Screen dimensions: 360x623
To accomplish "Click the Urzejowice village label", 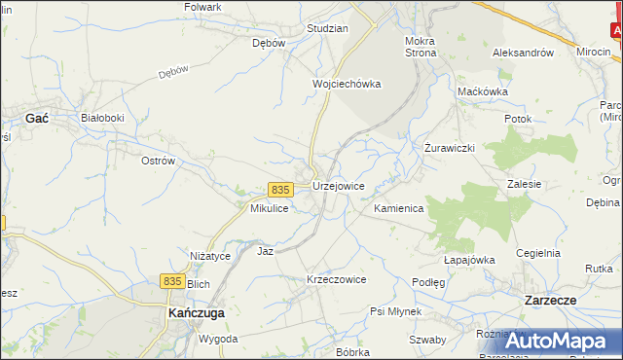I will click(x=339, y=186).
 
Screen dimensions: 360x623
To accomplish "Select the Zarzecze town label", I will click(x=551, y=301).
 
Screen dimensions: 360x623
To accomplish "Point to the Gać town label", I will click(x=37, y=117).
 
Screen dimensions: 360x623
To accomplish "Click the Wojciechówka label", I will click(x=346, y=84).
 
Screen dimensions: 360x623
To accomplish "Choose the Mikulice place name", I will click(x=269, y=209).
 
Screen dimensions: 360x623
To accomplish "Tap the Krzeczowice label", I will click(x=336, y=279).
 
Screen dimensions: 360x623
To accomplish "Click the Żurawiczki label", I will click(x=449, y=148).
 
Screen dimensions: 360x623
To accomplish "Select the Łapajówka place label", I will click(x=470, y=260).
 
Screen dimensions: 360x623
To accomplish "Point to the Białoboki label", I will click(x=102, y=117).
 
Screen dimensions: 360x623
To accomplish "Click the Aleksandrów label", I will click(x=523, y=53).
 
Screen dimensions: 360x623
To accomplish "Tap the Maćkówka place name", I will click(x=483, y=91).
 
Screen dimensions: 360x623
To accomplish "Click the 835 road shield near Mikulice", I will click(x=280, y=189).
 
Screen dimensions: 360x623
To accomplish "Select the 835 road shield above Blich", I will click(x=172, y=280).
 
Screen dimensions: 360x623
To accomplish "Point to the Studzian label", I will click(x=327, y=28).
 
